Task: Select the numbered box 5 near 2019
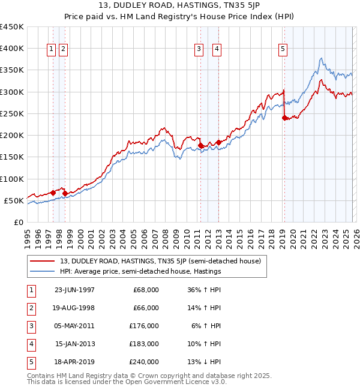click(282, 50)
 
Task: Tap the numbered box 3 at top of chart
click(198, 50)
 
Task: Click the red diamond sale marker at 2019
click(284, 118)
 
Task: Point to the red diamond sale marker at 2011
click(200, 145)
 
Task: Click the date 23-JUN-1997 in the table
click(74, 290)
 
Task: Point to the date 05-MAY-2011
click(74, 326)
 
